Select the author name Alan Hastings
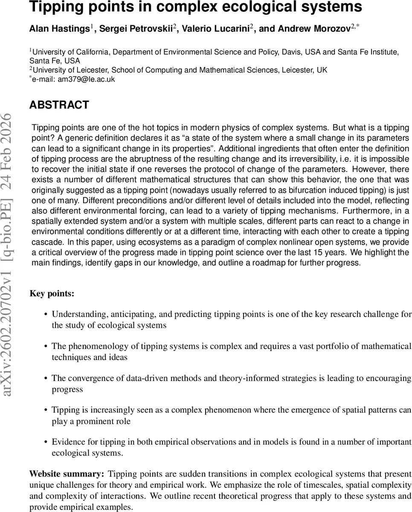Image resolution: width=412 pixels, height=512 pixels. (x=59, y=29)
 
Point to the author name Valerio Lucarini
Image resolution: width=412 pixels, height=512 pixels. (x=216, y=29)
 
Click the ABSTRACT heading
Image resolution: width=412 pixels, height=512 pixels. (x=59, y=105)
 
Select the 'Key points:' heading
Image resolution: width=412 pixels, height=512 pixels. (x=52, y=294)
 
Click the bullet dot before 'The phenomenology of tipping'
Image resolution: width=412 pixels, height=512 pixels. (x=46, y=346)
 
